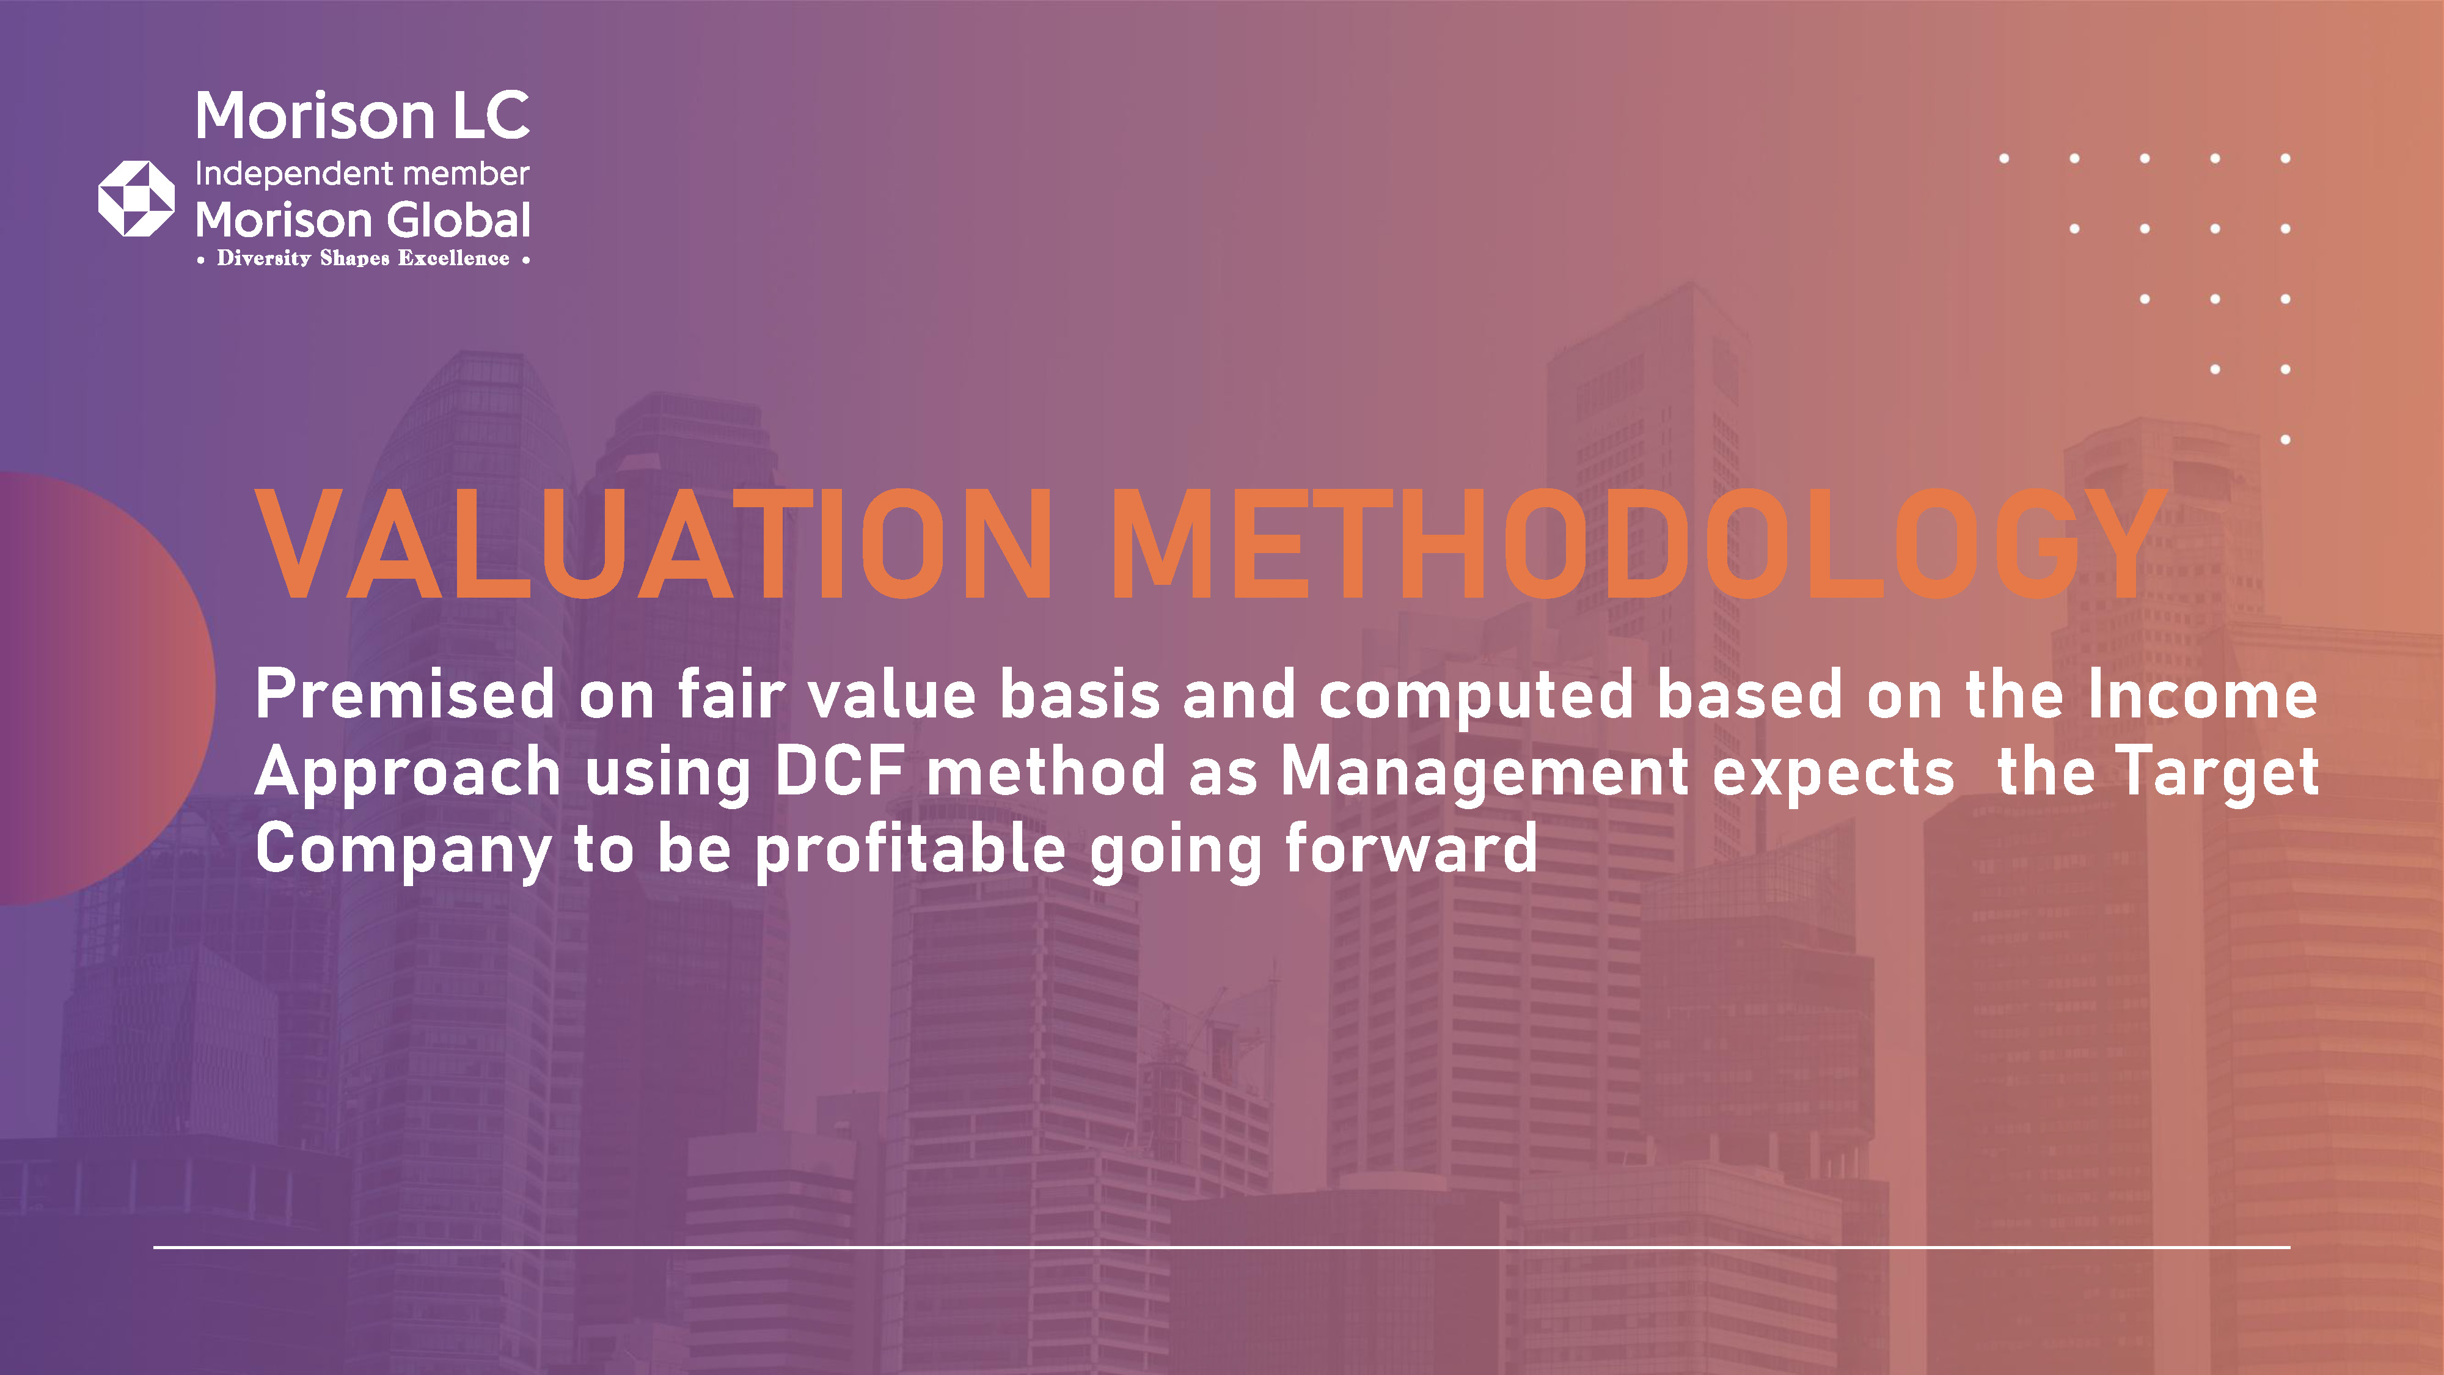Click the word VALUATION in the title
click(x=654, y=544)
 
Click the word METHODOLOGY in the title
click(x=1639, y=544)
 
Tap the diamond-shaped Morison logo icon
click(x=137, y=199)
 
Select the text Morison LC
click(x=362, y=116)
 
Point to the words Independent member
click(x=362, y=174)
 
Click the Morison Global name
click(x=362, y=220)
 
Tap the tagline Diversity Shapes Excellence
click(x=362, y=258)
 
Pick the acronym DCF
click(x=839, y=771)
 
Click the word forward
click(x=1411, y=848)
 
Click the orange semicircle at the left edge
click(x=104, y=688)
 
